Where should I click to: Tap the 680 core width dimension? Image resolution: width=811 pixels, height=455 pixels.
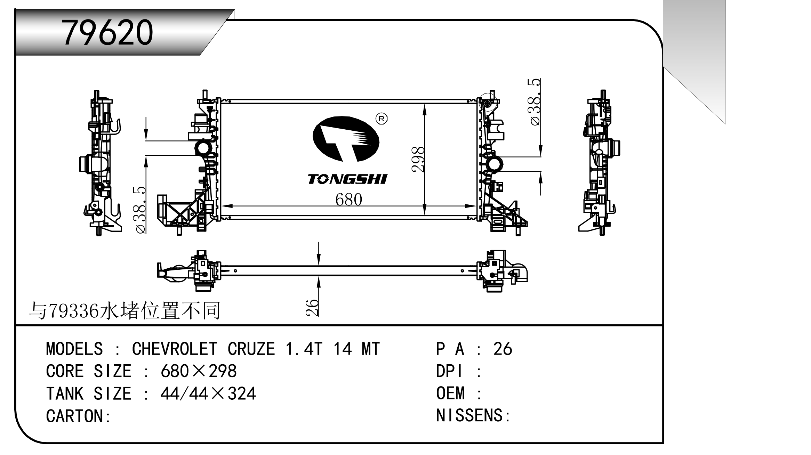click(349, 200)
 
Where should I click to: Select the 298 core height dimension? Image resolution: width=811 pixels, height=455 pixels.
click(418, 160)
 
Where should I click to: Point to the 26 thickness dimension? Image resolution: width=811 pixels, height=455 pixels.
click(312, 307)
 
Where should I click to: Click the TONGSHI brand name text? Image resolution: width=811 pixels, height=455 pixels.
click(347, 179)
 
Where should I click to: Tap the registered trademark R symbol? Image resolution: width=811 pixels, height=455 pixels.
click(382, 119)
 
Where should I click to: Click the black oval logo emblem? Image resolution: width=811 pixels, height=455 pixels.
click(346, 139)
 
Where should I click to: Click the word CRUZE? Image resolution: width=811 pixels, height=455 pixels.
click(251, 349)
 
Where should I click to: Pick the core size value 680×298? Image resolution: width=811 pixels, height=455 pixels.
click(199, 371)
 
